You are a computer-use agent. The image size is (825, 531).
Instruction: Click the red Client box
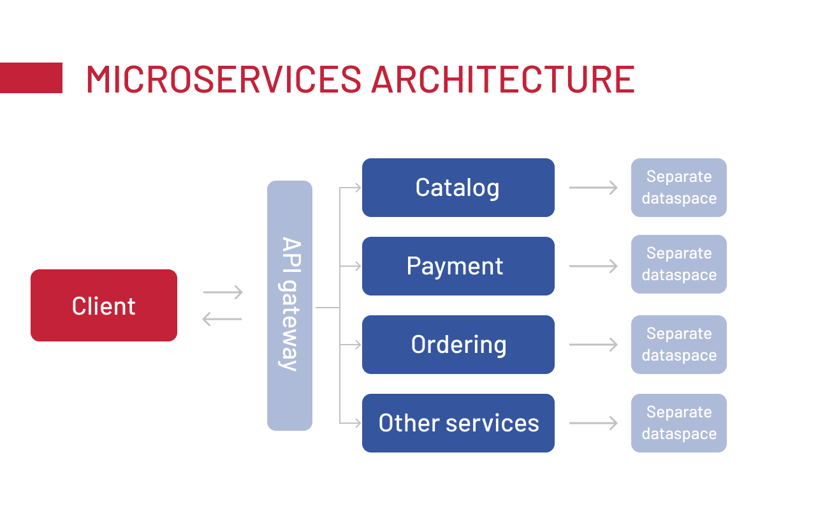coord(104,305)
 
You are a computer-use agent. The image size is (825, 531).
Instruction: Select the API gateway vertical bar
coord(289,305)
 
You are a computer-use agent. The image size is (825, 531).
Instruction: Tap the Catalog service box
coord(458,188)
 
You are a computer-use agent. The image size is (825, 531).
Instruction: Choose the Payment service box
coord(458,266)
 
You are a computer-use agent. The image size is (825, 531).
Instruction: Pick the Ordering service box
coord(458,345)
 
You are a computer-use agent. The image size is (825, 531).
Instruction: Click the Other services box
coord(458,423)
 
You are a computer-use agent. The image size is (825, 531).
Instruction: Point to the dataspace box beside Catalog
coord(678,188)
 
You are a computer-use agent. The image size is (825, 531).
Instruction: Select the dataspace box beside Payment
coord(678,264)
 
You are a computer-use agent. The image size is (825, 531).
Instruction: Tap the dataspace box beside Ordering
coord(678,345)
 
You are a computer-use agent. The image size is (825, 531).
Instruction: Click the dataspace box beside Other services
coord(678,423)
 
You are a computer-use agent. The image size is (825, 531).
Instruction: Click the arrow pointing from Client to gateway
coord(223,292)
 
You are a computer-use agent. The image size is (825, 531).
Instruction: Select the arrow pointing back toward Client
coord(222,318)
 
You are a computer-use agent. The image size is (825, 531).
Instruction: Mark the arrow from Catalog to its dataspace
coord(593,188)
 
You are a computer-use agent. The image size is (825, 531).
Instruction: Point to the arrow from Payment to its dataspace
coord(593,266)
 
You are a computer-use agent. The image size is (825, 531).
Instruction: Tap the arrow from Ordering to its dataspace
coord(593,345)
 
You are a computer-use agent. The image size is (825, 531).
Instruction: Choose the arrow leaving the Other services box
coord(593,423)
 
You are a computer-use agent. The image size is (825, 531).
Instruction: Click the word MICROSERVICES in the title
coord(223,79)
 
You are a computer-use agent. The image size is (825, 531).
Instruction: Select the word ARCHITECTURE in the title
coord(502,79)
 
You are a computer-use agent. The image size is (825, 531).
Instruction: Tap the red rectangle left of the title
coord(31,78)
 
